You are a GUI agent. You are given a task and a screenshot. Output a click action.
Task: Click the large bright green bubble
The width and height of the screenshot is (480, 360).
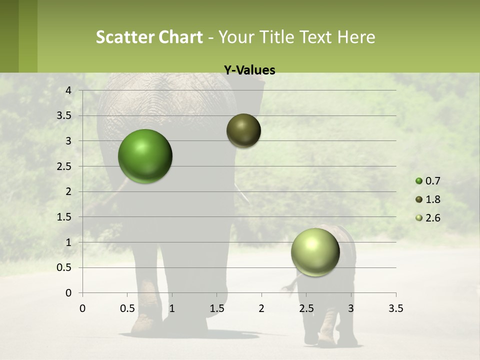pos(145,156)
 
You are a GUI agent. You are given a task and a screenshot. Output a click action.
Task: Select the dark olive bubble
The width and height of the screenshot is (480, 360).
pos(243,130)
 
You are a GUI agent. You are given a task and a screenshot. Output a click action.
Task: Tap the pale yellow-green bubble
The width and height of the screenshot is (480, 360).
pos(315,252)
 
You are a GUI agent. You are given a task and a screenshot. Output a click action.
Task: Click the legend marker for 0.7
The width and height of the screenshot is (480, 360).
pos(419,181)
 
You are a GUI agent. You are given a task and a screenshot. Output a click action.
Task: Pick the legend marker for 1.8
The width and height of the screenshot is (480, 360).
pos(419,199)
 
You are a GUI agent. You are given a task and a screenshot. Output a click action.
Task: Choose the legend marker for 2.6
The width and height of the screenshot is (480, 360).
pos(419,218)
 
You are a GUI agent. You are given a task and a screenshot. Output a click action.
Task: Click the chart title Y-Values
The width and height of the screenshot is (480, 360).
pos(249,70)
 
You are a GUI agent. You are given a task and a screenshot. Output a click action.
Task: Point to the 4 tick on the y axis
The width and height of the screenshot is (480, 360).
pos(68,90)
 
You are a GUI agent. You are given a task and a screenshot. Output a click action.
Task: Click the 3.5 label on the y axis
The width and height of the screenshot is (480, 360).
pos(64,115)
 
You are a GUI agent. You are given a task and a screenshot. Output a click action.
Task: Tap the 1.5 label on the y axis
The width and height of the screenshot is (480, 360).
pos(64,217)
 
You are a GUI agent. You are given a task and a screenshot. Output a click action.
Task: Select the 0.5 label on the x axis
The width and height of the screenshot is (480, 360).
pos(127,308)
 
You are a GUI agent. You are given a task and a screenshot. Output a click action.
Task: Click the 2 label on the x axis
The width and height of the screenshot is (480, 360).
pos(261,308)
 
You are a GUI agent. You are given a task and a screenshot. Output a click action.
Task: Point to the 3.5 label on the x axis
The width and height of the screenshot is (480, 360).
pos(395,308)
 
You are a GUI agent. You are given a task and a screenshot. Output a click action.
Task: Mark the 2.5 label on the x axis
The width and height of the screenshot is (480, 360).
pos(306,308)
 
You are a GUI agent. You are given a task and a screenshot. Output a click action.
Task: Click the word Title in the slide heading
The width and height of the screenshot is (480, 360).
pos(276,37)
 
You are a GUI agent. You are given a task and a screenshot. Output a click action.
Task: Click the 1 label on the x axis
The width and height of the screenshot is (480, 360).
pos(172,308)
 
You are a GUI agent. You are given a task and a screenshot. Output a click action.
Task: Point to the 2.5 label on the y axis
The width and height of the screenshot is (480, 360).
pos(64,166)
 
